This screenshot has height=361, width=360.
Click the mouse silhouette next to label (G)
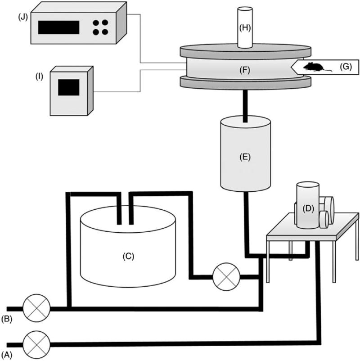pos(314,68)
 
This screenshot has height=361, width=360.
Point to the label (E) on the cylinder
pos(246,158)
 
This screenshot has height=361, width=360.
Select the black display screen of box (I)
pos(69,86)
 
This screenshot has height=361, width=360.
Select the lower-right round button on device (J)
pos(105,32)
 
